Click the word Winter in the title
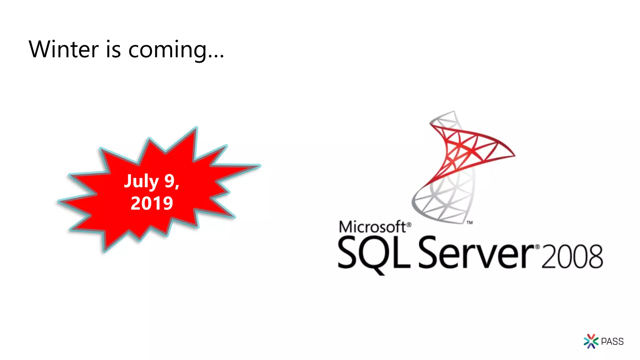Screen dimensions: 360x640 [64, 49]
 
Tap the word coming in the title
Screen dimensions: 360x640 [168, 50]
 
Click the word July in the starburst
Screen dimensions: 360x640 [142, 181]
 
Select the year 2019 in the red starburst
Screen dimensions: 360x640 [152, 203]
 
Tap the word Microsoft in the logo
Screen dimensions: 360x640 [372, 227]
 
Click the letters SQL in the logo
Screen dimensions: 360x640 [374, 252]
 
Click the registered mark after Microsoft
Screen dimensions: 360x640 [409, 224]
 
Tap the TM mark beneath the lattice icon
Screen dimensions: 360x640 [469, 222]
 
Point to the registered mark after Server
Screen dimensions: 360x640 [537, 247]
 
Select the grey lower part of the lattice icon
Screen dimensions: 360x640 [444, 200]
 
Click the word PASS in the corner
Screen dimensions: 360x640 [612, 342]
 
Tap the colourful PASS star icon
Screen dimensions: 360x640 [591, 341]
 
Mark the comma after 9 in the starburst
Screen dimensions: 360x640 [177, 187]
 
